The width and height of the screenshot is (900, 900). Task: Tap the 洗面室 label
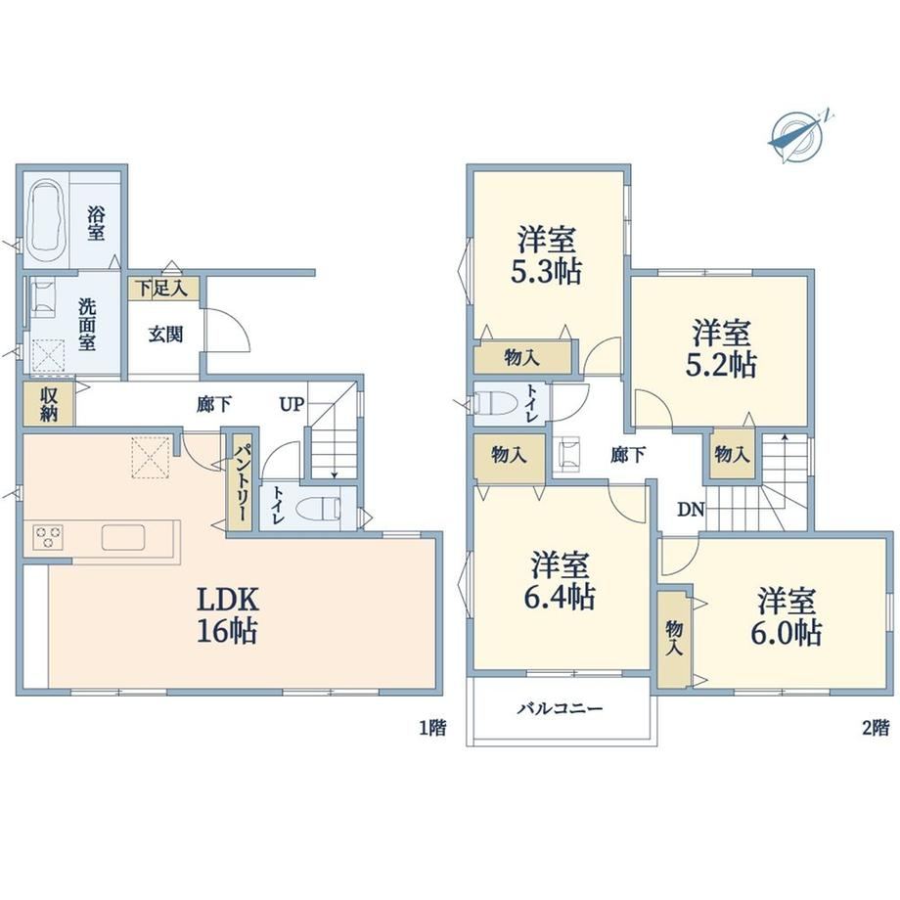point(87,325)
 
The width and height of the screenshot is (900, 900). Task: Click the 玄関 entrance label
point(166,334)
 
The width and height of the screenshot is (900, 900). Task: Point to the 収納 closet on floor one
point(49,404)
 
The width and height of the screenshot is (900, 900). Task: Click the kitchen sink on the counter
point(123,537)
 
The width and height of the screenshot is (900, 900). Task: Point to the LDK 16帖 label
point(227,614)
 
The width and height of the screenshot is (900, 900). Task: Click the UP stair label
point(292,405)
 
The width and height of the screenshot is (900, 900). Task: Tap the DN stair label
point(691,509)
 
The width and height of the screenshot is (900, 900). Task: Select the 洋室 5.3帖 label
point(547,256)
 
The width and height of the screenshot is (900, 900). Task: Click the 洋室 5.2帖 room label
point(722,349)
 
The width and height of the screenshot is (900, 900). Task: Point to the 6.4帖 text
point(559,597)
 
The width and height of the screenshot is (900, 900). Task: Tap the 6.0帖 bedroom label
point(787,632)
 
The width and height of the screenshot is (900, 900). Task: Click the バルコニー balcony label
point(560,708)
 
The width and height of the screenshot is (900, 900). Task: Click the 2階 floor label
point(876,728)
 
